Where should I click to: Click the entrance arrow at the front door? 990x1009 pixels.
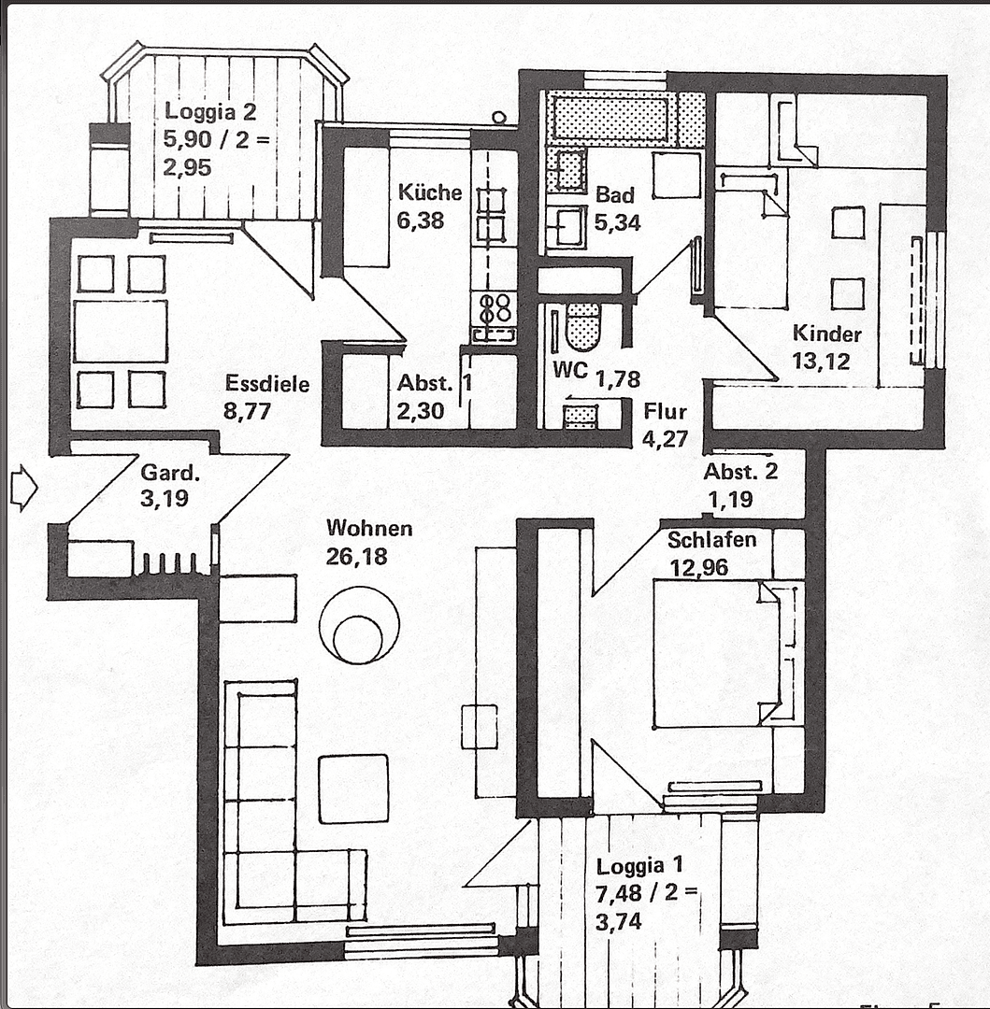(22, 488)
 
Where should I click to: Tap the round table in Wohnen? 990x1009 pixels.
(359, 627)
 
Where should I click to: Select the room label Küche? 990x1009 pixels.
(430, 193)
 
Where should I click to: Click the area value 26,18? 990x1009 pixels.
(357, 557)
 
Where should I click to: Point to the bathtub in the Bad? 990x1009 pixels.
(612, 119)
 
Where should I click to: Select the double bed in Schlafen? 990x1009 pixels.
(715, 653)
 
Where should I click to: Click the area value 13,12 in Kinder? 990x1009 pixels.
(822, 361)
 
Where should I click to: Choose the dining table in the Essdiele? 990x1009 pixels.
(121, 331)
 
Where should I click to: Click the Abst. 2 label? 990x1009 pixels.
(740, 472)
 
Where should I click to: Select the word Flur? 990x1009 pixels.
(665, 412)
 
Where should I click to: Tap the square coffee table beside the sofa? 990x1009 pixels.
(352, 789)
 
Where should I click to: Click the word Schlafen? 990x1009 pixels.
(712, 540)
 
